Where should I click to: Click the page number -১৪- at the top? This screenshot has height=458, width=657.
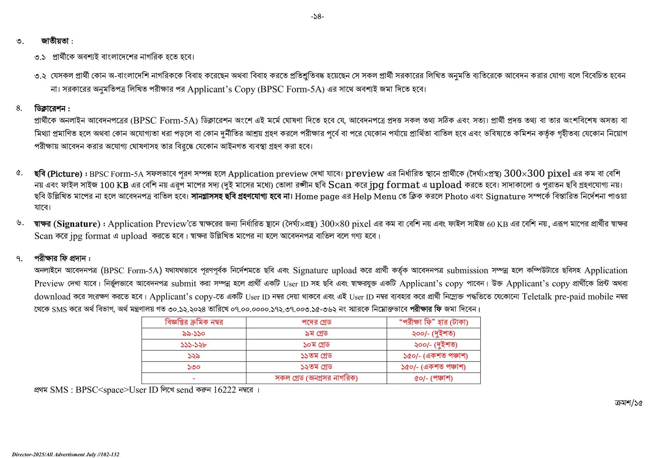[x=317, y=16]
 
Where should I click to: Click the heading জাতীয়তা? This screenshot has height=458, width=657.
[x=55, y=41]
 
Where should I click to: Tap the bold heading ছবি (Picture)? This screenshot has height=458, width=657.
[x=58, y=174]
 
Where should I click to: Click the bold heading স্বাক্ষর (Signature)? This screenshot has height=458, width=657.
[x=67, y=224]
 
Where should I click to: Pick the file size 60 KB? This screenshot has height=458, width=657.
[x=497, y=224]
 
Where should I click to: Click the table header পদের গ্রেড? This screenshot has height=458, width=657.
[x=316, y=322]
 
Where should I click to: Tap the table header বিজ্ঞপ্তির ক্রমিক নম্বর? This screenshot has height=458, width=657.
[x=194, y=322]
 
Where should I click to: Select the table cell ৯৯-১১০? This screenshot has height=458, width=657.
[x=194, y=334]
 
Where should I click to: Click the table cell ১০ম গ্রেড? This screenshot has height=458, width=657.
[x=316, y=345]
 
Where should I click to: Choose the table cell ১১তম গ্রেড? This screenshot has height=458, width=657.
[x=316, y=356]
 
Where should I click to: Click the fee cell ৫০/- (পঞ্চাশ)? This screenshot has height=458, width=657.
[x=433, y=378]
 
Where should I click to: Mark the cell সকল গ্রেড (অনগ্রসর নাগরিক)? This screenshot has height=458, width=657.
[x=316, y=378]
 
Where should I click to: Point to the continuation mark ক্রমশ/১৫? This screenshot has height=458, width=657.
[x=628, y=403]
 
